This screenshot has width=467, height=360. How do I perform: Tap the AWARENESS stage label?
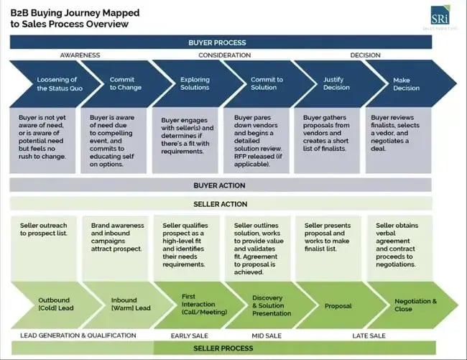click(x=79, y=55)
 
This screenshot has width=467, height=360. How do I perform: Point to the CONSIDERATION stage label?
click(x=224, y=55)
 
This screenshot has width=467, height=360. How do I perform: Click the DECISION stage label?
click(x=365, y=55)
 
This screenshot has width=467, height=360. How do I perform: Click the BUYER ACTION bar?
click(x=220, y=185)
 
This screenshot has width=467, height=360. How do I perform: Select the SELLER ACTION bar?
click(x=220, y=203)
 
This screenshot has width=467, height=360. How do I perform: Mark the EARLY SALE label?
click(x=189, y=336)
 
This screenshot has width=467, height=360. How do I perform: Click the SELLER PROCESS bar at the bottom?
click(x=223, y=349)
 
